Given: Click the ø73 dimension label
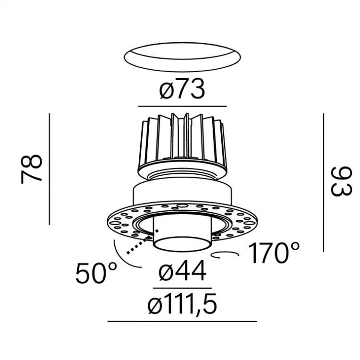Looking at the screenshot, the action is click(182, 89).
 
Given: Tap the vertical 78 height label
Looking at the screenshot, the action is click(32, 169).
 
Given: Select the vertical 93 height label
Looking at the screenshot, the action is click(341, 181).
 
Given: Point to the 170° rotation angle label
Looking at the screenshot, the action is click(274, 253).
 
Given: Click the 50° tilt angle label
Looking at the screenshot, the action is click(96, 273).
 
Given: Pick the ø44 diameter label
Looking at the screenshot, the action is click(182, 271).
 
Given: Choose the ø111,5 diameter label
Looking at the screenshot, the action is click(182, 304).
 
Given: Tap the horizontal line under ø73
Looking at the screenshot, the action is click(182, 106).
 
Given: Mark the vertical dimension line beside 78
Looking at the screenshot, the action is click(49, 169).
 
